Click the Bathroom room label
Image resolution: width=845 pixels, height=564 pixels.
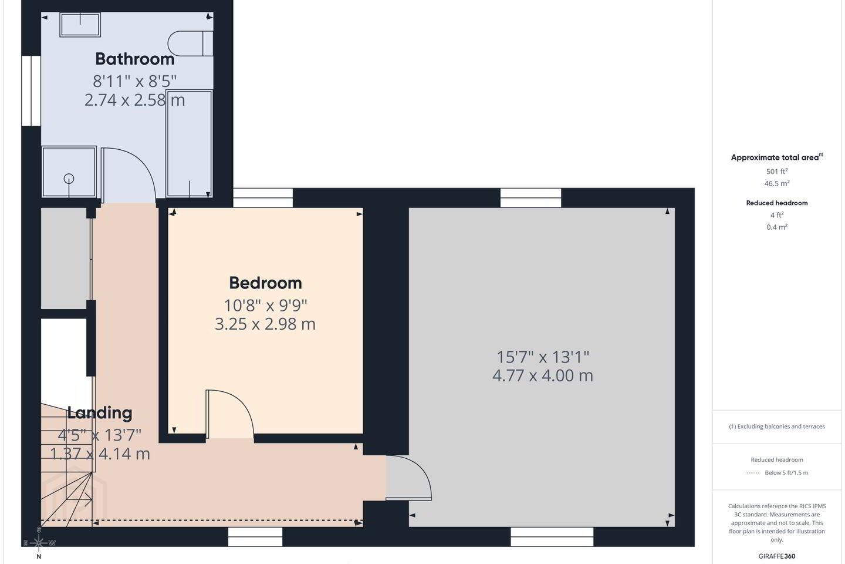point(135,59)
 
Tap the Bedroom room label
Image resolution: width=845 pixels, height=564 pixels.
point(266,283)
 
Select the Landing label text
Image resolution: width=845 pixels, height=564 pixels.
point(100,413)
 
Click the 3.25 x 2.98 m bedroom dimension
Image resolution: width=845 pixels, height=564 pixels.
point(265,324)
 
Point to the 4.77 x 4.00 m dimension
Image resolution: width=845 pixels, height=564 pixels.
point(542,375)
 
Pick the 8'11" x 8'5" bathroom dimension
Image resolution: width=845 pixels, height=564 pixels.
point(135,81)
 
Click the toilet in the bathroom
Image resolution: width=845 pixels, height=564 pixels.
point(190,43)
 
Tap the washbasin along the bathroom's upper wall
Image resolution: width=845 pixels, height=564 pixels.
point(80,25)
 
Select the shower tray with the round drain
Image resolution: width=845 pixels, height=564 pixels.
point(69,172)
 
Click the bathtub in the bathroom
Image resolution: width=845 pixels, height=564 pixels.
point(190,143)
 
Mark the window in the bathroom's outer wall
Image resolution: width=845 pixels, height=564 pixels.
point(31,90)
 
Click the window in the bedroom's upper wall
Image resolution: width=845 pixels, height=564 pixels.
point(263,197)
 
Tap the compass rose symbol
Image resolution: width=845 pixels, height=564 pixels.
point(39,543)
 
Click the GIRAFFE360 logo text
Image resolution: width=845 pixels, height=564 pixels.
point(777,556)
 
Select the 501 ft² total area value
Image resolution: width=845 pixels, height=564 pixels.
point(777,171)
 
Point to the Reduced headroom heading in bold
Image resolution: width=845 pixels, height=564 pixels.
point(777,203)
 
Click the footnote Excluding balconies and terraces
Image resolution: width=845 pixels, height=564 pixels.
point(777,427)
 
